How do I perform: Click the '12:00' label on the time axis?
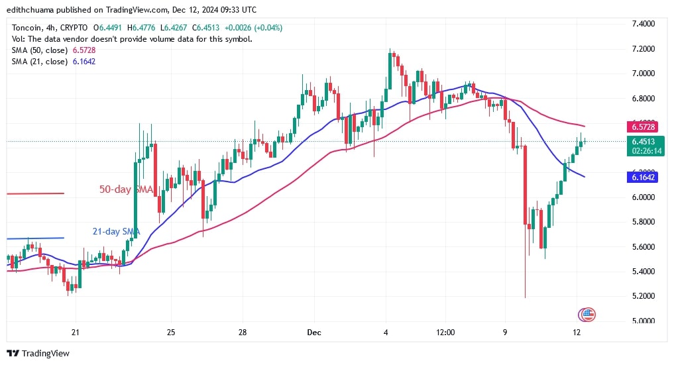[x=444, y=333]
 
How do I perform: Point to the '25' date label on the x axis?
[x=170, y=333]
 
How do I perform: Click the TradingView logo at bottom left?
[x=38, y=353]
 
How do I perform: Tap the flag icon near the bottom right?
[x=587, y=315]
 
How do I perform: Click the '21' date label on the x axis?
[x=75, y=333]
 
